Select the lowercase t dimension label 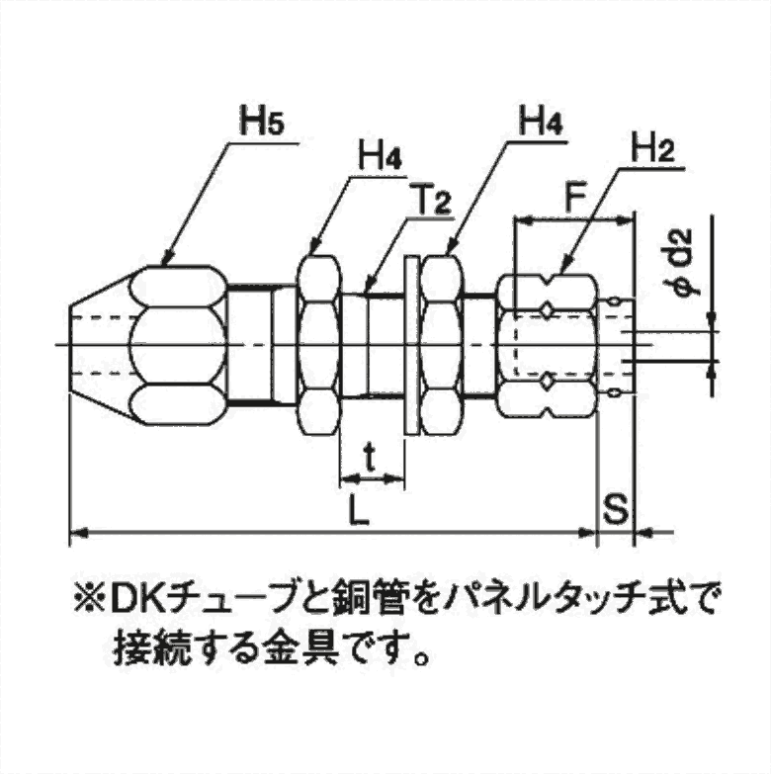click(x=370, y=458)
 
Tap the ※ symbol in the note click(x=84, y=598)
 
